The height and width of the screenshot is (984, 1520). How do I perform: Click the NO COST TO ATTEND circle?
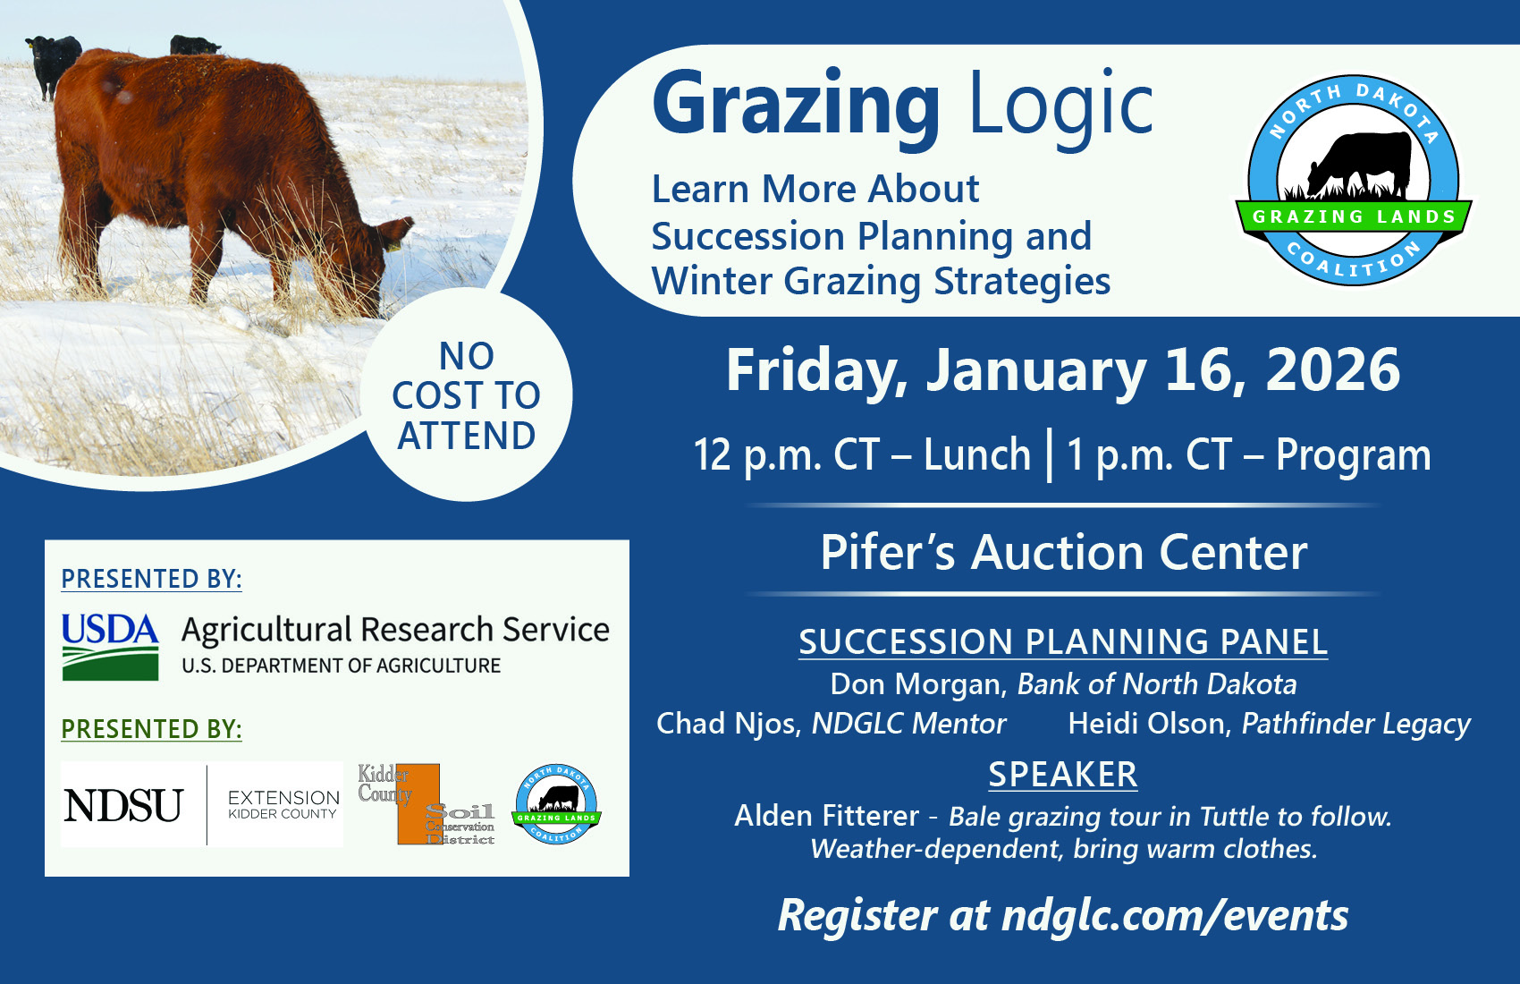466,395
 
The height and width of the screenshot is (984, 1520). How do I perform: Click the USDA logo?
110,646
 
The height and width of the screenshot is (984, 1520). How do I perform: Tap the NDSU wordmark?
123,805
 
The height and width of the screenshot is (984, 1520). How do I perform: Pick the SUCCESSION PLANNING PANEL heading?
1062,642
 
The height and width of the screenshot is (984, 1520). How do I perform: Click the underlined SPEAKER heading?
1062,775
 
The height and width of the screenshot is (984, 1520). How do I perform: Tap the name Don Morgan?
916,684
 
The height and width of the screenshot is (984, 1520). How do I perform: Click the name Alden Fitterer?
826,816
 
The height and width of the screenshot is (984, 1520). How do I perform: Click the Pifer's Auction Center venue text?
1063,552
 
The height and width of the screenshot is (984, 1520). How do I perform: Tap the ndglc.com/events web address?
1175,916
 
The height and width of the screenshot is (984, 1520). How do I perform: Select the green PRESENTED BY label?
151,729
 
